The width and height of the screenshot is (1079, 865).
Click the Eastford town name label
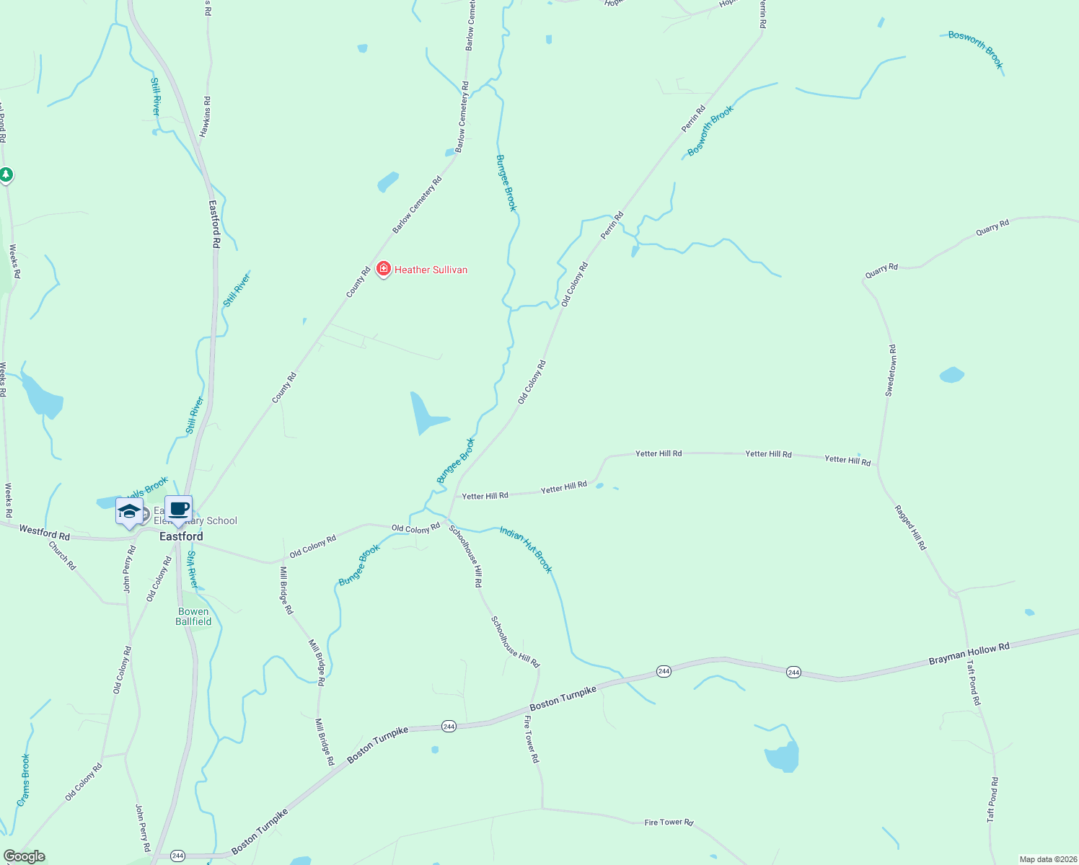click(x=181, y=536)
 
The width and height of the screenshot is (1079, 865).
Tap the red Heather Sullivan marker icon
click(x=384, y=270)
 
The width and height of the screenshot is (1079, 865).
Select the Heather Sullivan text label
click(x=431, y=270)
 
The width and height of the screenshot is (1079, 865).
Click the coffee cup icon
click(x=179, y=510)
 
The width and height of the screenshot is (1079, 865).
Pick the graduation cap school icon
click(x=129, y=512)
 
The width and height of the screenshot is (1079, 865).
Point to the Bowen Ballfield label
click(x=193, y=616)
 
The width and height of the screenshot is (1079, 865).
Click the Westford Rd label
click(x=45, y=533)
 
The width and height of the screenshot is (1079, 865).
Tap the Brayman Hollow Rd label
click(x=969, y=654)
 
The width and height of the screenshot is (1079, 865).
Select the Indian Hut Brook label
click(x=526, y=549)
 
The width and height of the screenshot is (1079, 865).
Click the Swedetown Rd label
click(x=891, y=371)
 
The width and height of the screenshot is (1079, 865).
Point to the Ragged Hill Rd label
click(x=910, y=528)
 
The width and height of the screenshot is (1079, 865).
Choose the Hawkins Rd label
click(x=206, y=117)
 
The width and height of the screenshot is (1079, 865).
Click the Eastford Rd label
click(x=214, y=224)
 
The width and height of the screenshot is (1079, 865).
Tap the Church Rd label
click(x=62, y=556)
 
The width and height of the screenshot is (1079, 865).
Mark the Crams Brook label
click(x=24, y=780)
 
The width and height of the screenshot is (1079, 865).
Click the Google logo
click(x=25, y=856)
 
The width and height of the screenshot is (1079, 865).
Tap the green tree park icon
click(x=6, y=174)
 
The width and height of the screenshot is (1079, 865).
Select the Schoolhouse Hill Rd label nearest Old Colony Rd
click(x=465, y=556)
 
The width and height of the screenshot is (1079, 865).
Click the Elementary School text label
click(x=196, y=520)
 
